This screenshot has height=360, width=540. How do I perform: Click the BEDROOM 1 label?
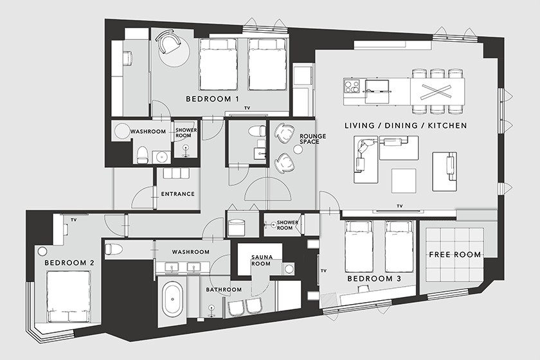(x=212, y=99)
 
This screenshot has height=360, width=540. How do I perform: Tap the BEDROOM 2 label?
(x=69, y=263)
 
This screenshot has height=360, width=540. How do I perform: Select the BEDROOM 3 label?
(x=374, y=278)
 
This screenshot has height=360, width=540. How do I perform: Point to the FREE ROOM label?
(x=455, y=255)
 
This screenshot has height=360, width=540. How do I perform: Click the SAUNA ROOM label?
(x=262, y=260)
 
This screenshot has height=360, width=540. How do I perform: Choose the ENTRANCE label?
(x=177, y=194)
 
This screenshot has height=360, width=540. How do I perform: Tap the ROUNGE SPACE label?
(x=312, y=139)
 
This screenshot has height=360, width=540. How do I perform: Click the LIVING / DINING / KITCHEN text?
(x=406, y=125)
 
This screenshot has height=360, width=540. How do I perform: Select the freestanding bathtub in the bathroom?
(x=172, y=300)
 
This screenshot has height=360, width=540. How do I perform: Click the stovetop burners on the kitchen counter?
(x=352, y=86)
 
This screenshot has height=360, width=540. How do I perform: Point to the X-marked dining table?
(x=437, y=91)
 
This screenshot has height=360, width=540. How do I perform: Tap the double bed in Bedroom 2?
(x=69, y=296)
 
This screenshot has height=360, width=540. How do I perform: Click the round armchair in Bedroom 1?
(x=168, y=42)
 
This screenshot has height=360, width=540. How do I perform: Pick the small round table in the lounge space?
(x=298, y=150)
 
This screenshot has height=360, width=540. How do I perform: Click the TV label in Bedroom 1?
(x=247, y=108)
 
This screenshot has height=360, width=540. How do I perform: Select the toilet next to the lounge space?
(x=257, y=131)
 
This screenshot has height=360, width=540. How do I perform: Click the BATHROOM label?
(x=224, y=290)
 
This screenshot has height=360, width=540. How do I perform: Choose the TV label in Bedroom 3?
(x=323, y=271)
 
